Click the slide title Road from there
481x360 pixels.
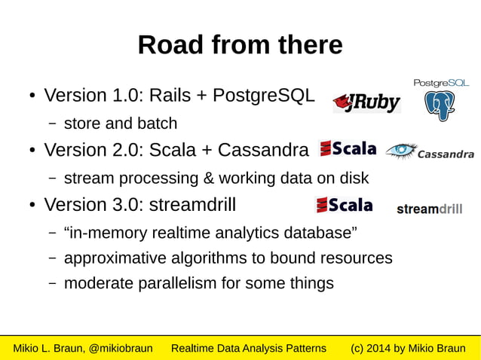(x=240, y=45)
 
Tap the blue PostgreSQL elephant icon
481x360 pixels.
(x=439, y=106)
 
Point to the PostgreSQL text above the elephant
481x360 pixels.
(x=441, y=83)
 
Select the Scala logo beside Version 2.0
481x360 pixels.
(x=348, y=148)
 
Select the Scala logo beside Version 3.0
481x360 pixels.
(x=344, y=204)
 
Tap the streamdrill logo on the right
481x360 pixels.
(x=429, y=209)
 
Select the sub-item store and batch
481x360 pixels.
(x=121, y=124)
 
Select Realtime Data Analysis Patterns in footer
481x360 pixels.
(x=249, y=348)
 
